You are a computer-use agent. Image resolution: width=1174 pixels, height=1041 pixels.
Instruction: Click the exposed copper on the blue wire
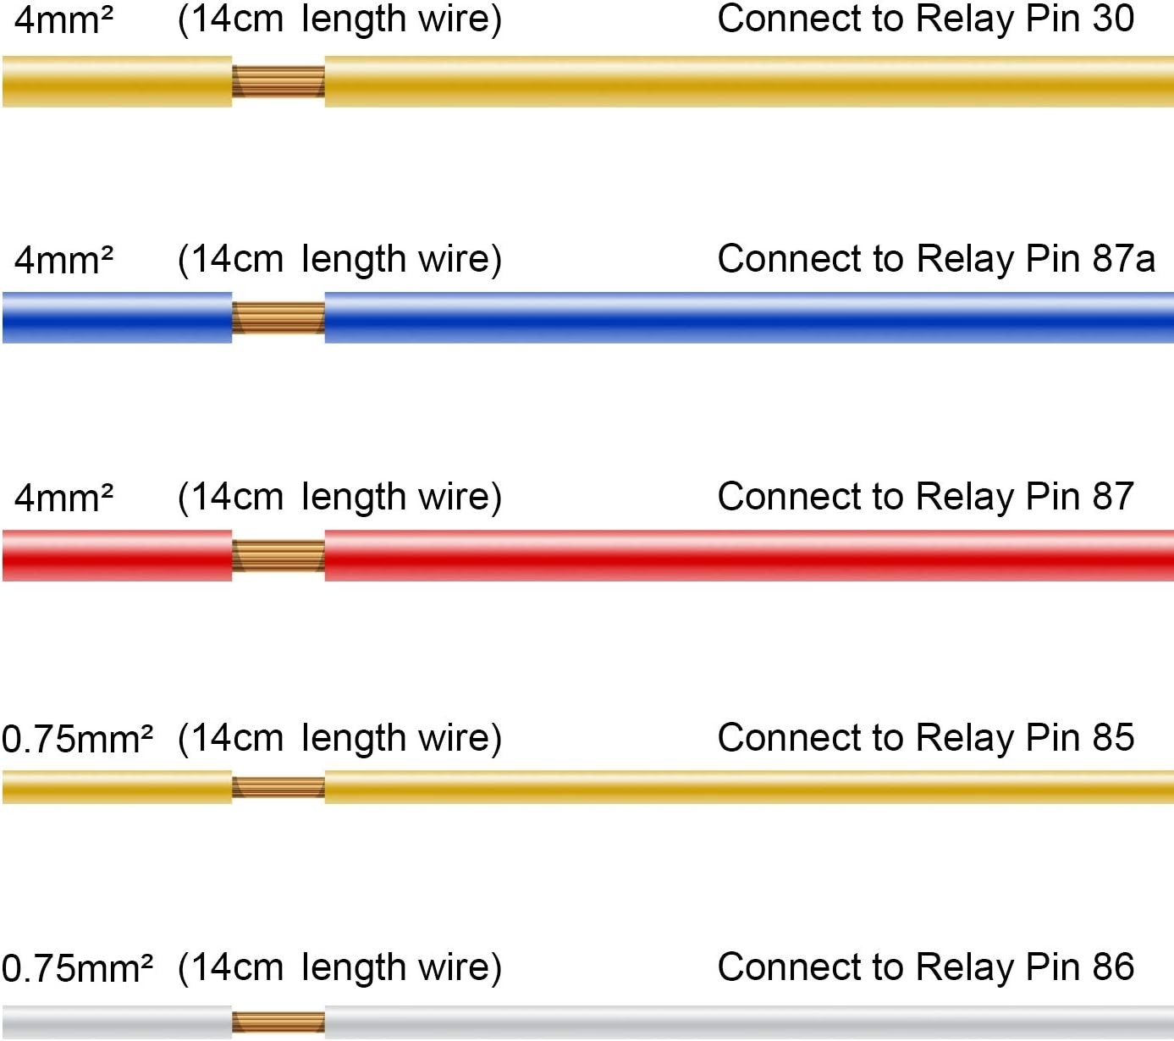pyautogui.click(x=278, y=317)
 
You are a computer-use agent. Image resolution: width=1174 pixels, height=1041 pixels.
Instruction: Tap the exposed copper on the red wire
pyautogui.click(x=278, y=555)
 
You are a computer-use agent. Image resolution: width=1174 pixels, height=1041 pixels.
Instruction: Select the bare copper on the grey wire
pyautogui.click(x=278, y=1022)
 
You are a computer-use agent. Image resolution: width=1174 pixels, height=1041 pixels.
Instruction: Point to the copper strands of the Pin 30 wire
pyautogui.click(x=278, y=81)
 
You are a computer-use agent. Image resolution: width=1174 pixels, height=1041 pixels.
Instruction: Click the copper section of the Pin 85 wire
pyautogui.click(x=278, y=787)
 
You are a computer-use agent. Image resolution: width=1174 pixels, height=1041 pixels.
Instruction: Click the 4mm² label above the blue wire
pyautogui.click(x=63, y=260)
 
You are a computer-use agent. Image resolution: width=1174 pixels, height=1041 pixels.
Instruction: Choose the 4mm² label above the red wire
pyautogui.click(x=63, y=498)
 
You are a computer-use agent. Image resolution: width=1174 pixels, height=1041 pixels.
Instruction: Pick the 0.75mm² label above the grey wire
pyautogui.click(x=77, y=968)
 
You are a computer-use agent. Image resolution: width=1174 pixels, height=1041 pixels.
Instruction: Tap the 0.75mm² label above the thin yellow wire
pyautogui.click(x=77, y=739)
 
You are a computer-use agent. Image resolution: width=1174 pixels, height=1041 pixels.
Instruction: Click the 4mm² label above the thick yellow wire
pyautogui.click(x=63, y=20)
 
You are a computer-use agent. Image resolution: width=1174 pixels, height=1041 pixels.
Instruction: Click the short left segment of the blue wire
pyautogui.click(x=117, y=317)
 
